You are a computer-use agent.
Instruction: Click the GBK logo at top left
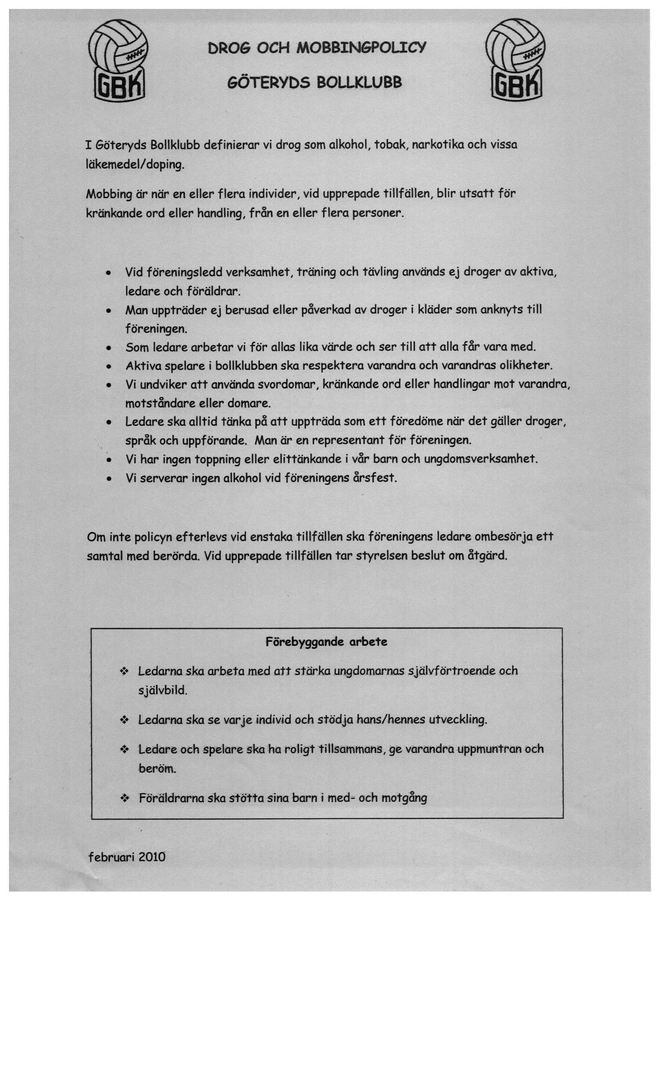pyautogui.click(x=118, y=60)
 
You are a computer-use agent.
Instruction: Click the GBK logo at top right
pyautogui.click(x=516, y=60)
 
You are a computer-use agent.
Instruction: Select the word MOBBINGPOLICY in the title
pyautogui.click(x=361, y=48)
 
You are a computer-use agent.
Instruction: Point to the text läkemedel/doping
pyautogui.click(x=134, y=165)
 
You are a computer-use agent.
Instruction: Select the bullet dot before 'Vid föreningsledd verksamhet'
pyautogui.click(x=108, y=273)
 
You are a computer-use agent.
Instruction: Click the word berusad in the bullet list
pyautogui.click(x=247, y=310)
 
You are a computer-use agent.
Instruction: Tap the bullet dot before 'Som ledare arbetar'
pyautogui.click(x=108, y=348)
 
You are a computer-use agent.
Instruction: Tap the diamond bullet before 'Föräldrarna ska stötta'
pyautogui.click(x=124, y=799)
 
